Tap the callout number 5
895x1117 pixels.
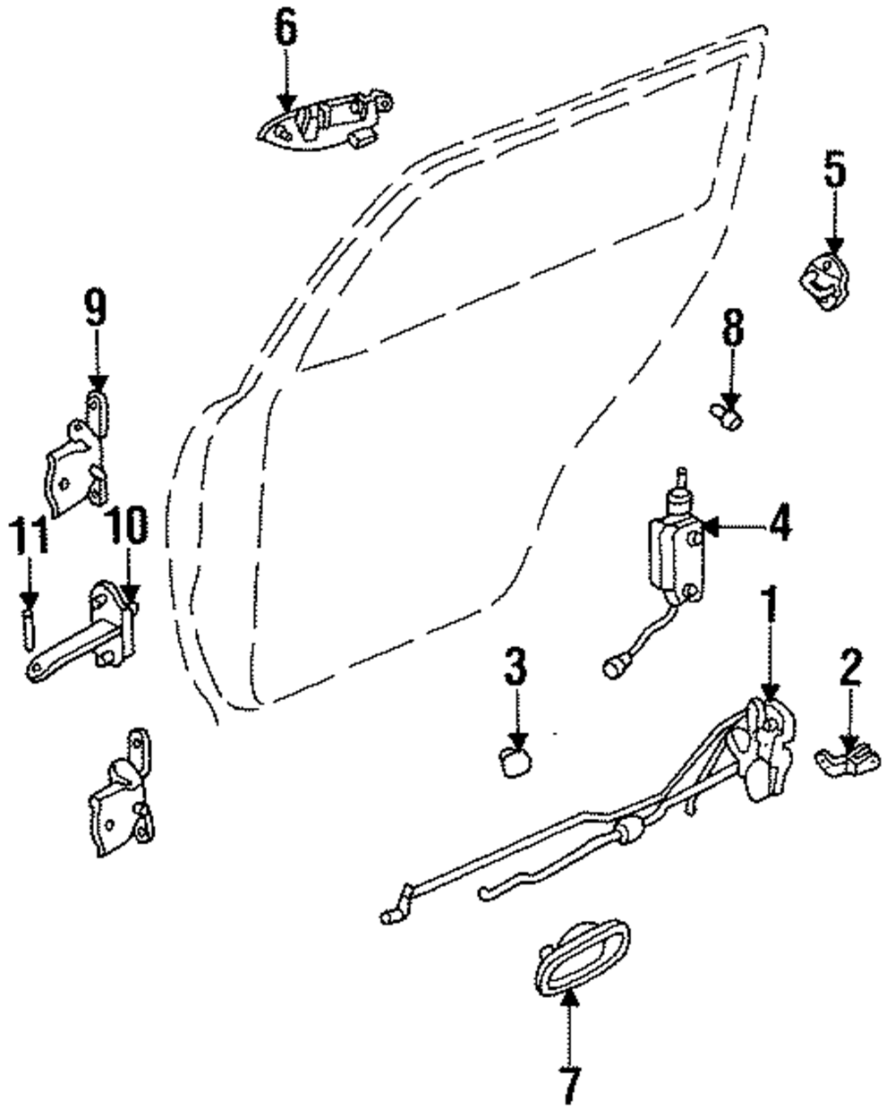(x=835, y=168)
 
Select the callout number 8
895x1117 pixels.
(x=732, y=327)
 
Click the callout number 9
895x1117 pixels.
(x=95, y=308)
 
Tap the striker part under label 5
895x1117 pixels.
(x=824, y=281)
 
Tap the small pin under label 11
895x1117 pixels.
(x=29, y=629)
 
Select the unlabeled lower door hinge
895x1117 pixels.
(x=122, y=793)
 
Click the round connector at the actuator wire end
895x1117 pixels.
(x=613, y=668)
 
